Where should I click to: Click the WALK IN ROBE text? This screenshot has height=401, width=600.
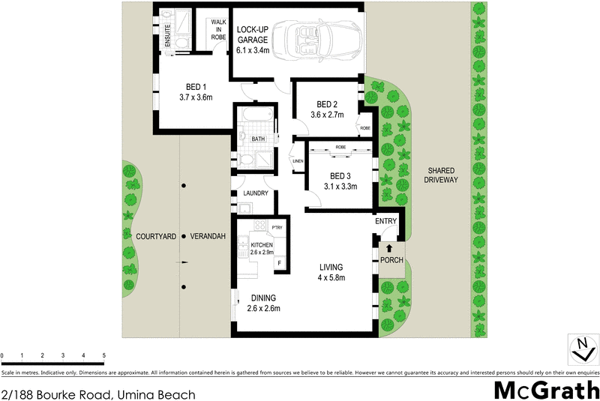tap(218, 29)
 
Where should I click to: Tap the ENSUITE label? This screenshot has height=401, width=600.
tap(166, 36)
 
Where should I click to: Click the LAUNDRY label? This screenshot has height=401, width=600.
tap(256, 193)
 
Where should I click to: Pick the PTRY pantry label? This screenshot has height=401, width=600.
tap(277, 227)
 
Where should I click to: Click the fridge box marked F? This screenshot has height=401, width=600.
tap(280, 263)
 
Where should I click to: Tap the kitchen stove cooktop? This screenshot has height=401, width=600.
tap(260, 226)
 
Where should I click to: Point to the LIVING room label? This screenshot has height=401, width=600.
tap(330, 268)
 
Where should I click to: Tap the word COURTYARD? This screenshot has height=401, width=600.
tap(156, 236)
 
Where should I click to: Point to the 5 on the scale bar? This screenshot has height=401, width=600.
tap(103, 355)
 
